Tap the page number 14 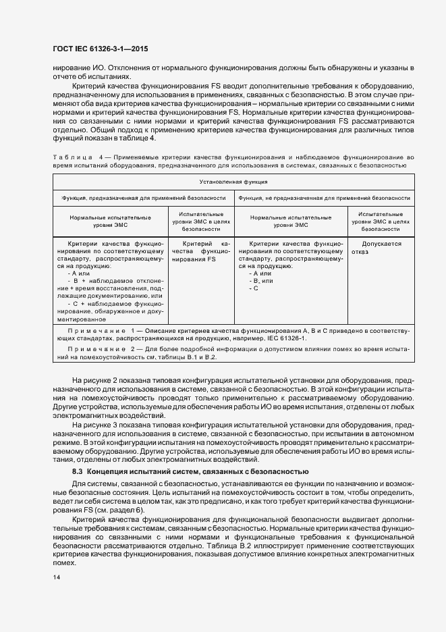pos(56,578)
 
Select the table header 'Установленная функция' pos(233,182)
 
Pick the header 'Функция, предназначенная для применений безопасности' pos(144,199)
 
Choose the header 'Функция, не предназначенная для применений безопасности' pos(324,199)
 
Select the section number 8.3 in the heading pos(78,471)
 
